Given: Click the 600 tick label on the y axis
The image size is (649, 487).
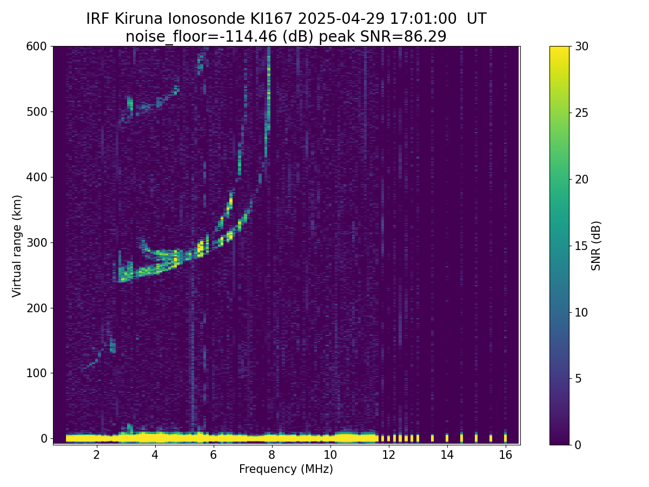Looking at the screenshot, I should tap(37, 47).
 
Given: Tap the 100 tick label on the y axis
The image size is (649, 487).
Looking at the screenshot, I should tap(37, 373).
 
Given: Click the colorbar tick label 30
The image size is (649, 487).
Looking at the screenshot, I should tap(581, 47).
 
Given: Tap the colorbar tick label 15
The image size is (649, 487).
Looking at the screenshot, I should tap(581, 246).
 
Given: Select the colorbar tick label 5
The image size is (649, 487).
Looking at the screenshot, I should tap(578, 378).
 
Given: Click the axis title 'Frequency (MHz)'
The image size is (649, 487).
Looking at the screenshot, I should tap(286, 469).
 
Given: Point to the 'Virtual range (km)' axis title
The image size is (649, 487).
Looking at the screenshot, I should tap(17, 246).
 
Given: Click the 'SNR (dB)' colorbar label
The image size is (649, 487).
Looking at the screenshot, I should tap(596, 246).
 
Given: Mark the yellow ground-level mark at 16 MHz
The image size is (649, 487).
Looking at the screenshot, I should tap(505, 437).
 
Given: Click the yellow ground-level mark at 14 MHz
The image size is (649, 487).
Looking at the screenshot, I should tap(447, 437).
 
